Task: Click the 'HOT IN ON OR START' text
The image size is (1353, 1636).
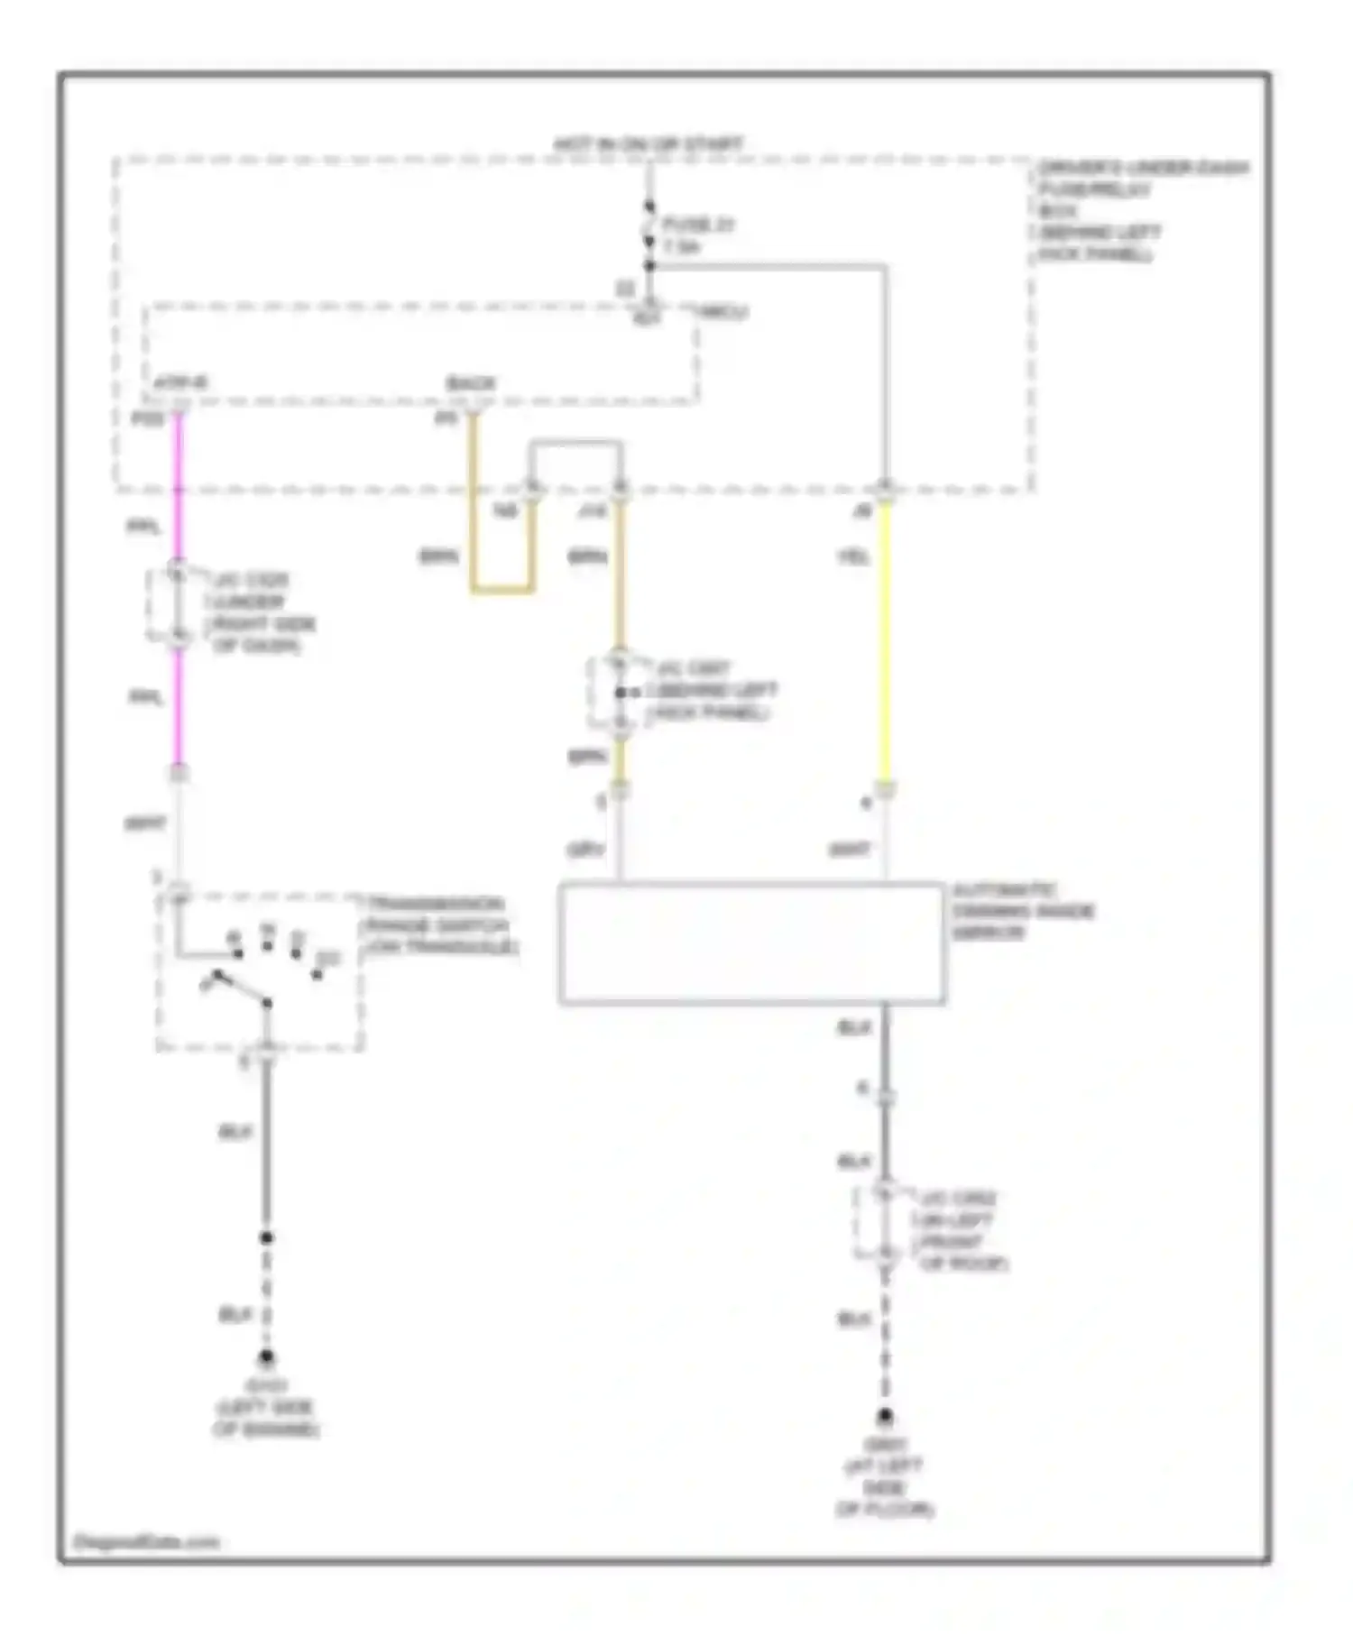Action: tap(648, 144)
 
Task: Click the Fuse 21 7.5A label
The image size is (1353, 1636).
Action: tap(697, 234)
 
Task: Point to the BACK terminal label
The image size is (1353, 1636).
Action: tap(470, 384)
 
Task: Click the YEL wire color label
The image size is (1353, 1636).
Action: tap(853, 558)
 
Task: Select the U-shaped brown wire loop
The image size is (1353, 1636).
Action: tap(502, 591)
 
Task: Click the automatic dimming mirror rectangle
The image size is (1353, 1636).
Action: tap(750, 943)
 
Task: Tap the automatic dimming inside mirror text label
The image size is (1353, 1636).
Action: tap(1022, 911)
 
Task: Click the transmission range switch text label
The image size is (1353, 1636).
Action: tap(438, 925)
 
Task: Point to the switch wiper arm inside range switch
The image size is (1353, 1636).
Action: tap(241, 988)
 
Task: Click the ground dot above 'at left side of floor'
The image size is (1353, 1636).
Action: tap(885, 1417)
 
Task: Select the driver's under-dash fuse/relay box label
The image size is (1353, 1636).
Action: tap(1140, 211)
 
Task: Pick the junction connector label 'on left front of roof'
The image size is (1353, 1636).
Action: tap(960, 1231)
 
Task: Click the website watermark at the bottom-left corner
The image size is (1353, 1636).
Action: tap(146, 1541)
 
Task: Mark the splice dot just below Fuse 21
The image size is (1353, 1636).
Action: tap(649, 265)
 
